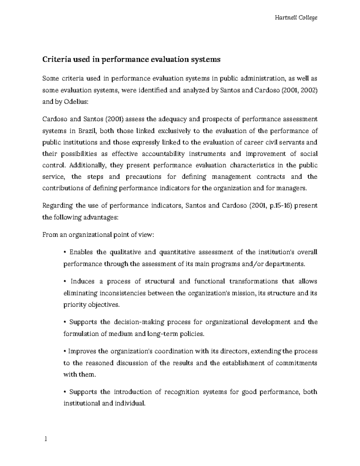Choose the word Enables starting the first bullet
[81, 252]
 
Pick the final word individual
[129, 403]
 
